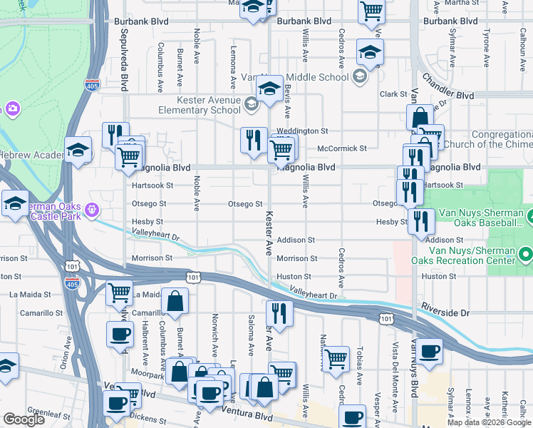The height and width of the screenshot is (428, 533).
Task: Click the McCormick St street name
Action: pyautogui.click(x=341, y=148)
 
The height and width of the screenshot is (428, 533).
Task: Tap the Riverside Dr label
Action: pyautogui.click(x=445, y=313)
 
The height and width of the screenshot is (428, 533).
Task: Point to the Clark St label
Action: pyautogui.click(x=393, y=94)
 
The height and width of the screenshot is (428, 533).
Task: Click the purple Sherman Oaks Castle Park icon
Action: pyautogui.click(x=91, y=210)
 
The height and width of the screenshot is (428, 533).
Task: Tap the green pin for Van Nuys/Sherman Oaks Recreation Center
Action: pyautogui.click(x=526, y=253)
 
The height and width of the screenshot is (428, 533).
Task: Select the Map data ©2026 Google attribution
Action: pyautogui.click(x=488, y=422)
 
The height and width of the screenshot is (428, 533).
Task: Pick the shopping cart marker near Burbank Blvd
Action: pyautogui.click(x=371, y=11)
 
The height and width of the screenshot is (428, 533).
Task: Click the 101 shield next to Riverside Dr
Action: pyautogui.click(x=385, y=319)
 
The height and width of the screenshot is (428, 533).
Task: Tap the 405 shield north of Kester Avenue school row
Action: pyautogui.click(x=92, y=86)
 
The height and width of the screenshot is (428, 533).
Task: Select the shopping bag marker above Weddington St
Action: pyautogui.click(x=420, y=117)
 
